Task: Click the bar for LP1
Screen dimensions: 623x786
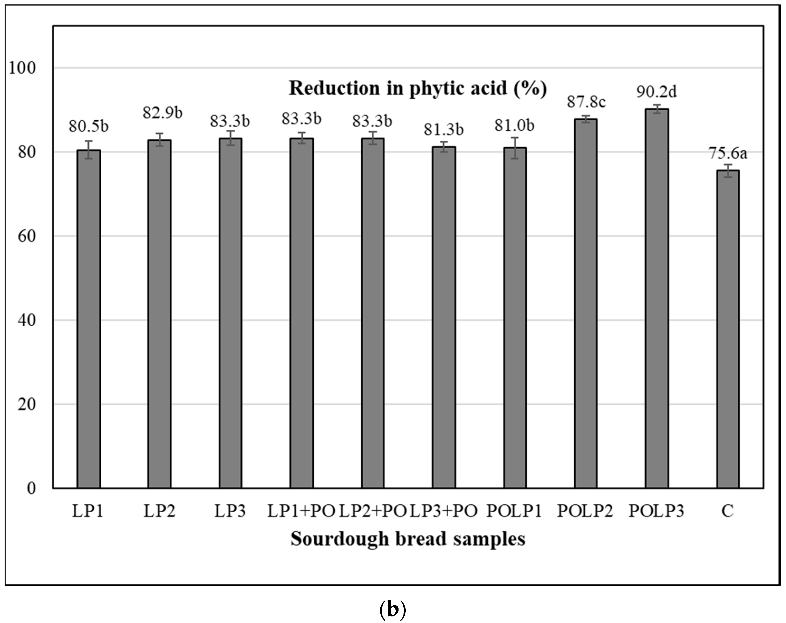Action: tap(89, 319)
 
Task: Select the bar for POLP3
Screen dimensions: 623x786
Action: tap(657, 299)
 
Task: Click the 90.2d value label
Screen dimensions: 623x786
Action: tap(657, 92)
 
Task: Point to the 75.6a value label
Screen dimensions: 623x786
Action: tap(728, 153)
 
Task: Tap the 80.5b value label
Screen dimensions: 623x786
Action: tap(89, 126)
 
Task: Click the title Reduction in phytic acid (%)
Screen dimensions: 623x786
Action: tap(418, 89)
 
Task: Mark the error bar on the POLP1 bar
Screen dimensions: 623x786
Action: tap(515, 148)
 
